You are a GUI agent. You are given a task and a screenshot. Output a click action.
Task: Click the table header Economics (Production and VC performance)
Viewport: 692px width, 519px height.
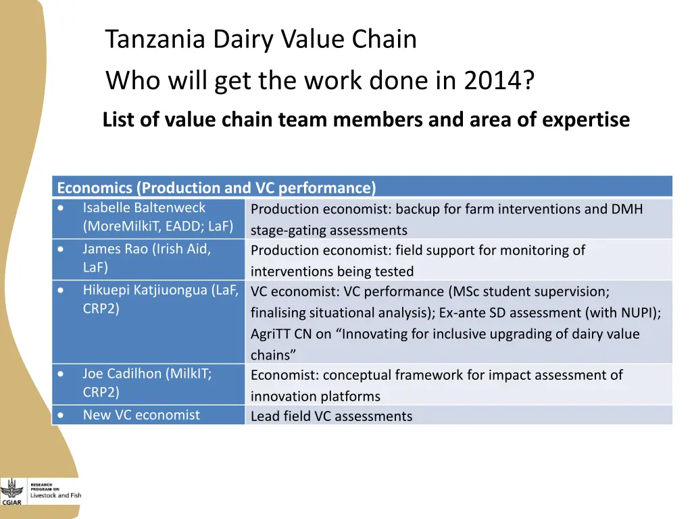[x=216, y=187]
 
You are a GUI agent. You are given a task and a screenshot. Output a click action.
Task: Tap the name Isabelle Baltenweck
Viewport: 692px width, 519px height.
[x=144, y=207]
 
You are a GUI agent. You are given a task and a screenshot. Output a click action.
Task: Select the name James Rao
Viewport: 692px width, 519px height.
[x=114, y=249]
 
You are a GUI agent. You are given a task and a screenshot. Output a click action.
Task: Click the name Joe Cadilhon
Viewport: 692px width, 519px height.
[x=122, y=373]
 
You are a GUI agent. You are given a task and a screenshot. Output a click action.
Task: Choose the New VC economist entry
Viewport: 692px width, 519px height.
[x=141, y=415]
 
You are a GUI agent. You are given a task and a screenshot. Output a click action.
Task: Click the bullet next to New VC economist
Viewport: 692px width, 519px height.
[x=61, y=416]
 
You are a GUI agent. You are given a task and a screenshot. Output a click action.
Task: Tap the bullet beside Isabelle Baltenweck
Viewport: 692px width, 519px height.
[x=61, y=208]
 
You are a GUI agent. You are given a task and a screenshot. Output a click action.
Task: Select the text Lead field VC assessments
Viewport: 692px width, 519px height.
[x=331, y=416]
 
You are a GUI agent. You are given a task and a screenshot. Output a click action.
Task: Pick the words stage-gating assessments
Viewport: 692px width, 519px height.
[x=328, y=230]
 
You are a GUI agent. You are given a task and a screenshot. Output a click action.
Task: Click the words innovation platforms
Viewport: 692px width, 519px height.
[x=315, y=397]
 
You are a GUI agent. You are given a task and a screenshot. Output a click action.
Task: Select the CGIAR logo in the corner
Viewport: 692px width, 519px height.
[x=11, y=491]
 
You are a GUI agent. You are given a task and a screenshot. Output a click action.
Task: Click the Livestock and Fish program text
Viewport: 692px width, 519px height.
[x=55, y=495]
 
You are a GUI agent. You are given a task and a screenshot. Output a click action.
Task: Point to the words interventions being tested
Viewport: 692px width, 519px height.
[x=332, y=272]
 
